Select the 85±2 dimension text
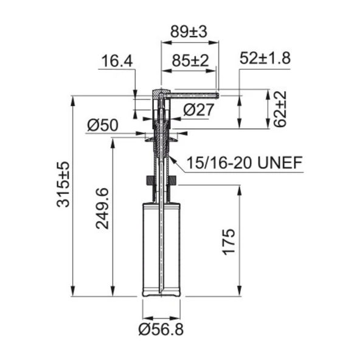coord(189,61)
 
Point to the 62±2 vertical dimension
coord(280,109)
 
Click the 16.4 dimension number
coord(117,61)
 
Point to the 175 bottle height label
coord(229,243)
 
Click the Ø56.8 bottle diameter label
coord(161,330)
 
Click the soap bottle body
coord(161,249)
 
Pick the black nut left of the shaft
coord(148,181)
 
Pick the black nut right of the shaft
coord(173,181)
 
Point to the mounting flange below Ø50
coord(161,139)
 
